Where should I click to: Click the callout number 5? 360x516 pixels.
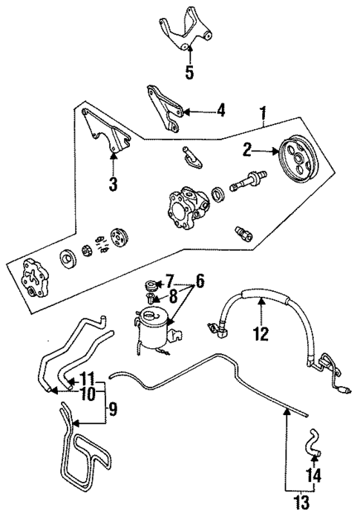(190, 73)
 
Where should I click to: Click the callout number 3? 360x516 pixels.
(113, 183)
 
